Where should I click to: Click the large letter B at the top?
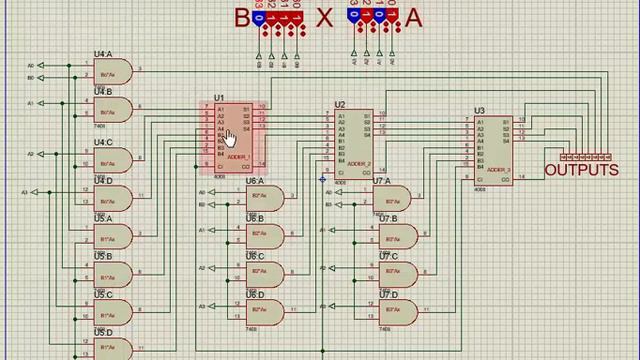243,17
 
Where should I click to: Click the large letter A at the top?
413,17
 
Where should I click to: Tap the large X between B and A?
323,17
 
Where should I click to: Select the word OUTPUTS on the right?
581,171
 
